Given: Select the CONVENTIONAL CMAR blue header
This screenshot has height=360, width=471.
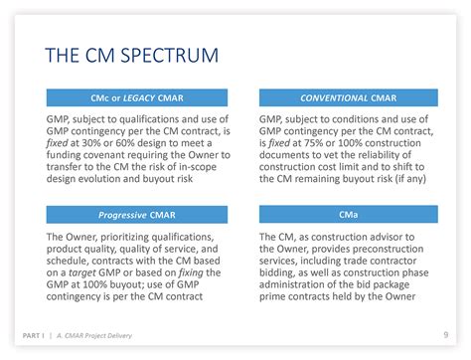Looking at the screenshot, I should click(348, 97).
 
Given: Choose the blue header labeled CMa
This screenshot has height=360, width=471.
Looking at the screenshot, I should click(348, 214).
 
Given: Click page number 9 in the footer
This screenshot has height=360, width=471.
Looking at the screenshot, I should click(444, 333).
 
